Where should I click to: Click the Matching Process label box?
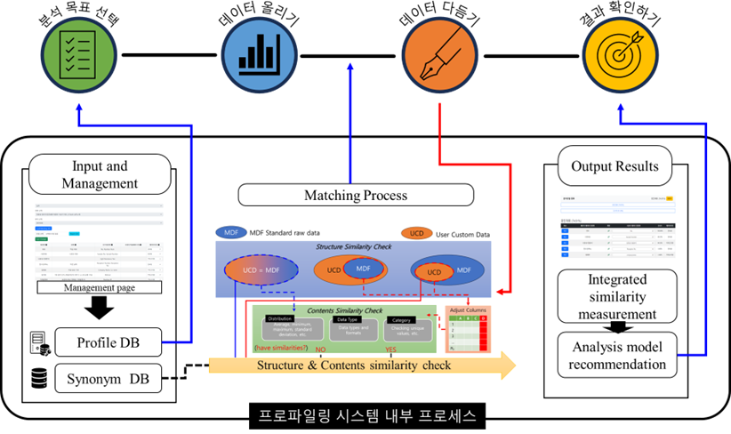tap(355, 195)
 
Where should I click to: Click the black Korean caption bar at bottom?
tap(366, 415)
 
